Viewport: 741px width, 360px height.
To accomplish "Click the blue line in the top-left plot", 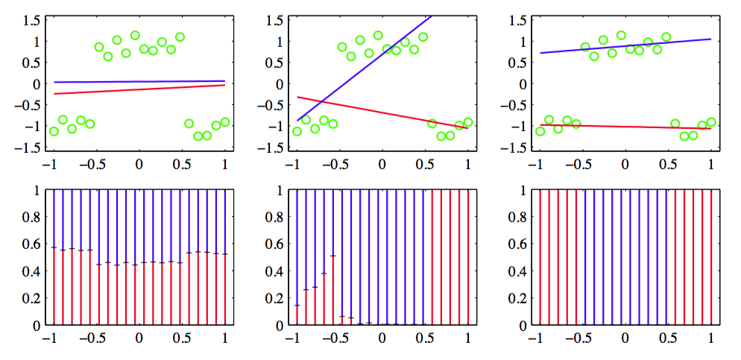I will click(139, 81).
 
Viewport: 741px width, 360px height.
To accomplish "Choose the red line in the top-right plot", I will click(625, 127).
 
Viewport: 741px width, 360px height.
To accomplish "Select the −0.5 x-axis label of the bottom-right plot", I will click(577, 339).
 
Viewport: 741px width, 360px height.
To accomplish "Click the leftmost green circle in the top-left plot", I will click(54, 131).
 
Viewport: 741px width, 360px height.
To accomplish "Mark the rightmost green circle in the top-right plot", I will click(711, 122).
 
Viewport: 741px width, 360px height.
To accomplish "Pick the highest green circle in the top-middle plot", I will click(378, 35).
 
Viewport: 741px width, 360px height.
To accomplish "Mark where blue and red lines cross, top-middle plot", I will click(321, 101).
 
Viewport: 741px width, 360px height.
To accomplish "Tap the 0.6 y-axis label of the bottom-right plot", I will click(516, 244).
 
